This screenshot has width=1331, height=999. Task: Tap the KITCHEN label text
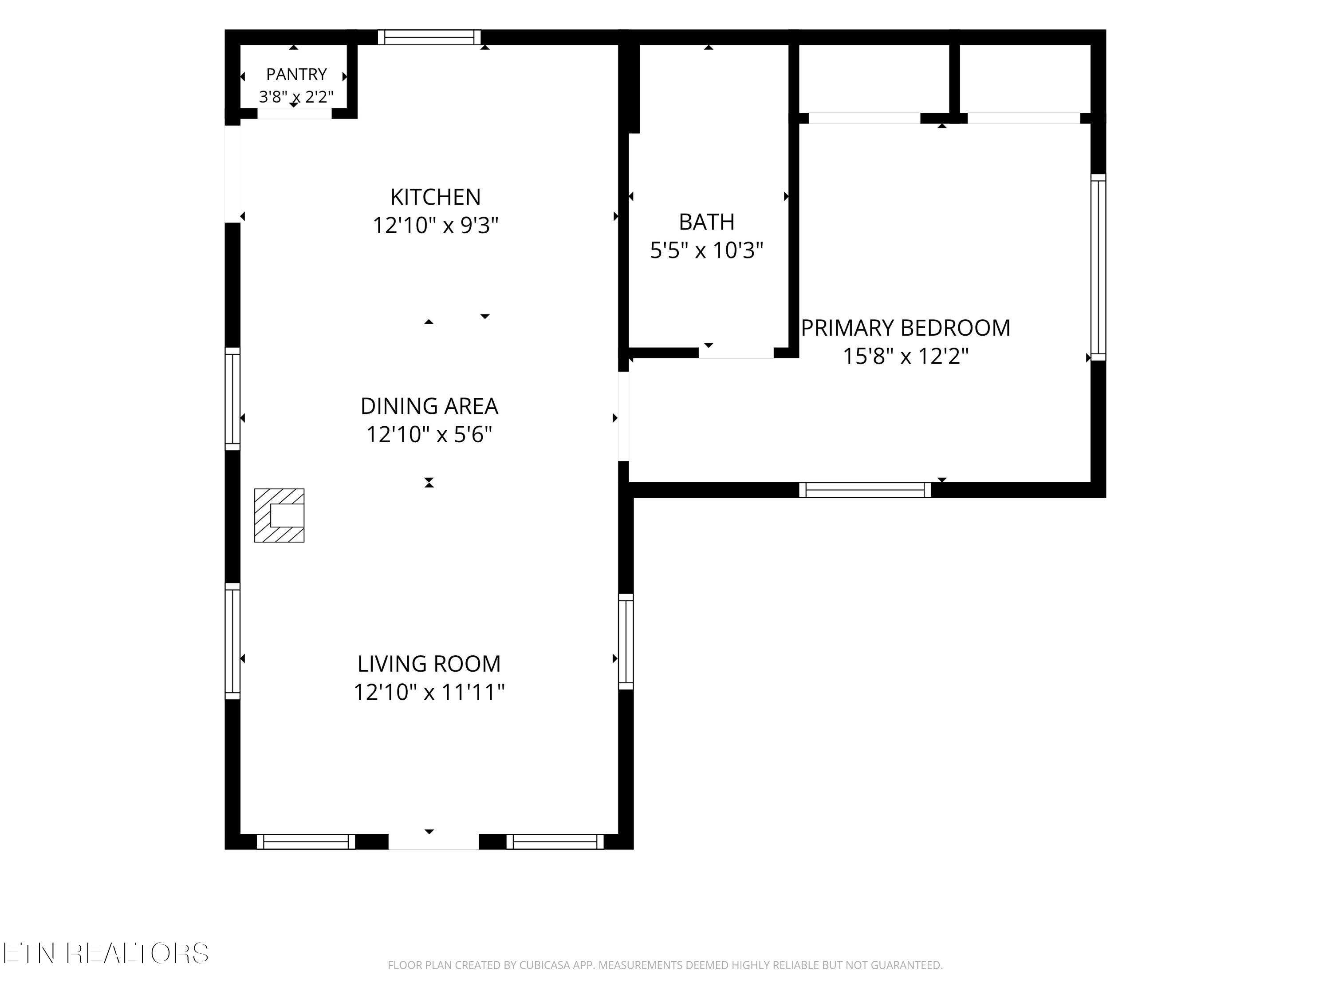point(435,197)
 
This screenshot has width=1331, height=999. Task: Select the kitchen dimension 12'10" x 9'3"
point(435,225)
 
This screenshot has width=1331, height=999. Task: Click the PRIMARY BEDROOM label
point(906,328)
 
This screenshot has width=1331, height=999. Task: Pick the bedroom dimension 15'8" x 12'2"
point(906,356)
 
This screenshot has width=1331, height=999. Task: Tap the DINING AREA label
point(429,406)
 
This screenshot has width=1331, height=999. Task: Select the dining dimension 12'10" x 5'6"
point(429,434)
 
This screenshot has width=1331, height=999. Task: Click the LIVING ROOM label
point(429,664)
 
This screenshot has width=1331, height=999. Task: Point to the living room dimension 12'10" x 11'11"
point(429,692)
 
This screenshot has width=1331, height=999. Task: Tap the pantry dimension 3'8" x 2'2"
point(296,96)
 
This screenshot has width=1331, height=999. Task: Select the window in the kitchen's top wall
point(429,37)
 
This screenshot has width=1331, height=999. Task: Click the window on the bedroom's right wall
point(1098,267)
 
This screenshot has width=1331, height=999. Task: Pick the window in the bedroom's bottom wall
point(865,490)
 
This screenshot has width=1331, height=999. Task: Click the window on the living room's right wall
point(626,641)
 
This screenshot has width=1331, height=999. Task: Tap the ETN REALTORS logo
point(106,953)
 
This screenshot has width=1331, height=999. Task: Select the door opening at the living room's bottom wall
point(433,842)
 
